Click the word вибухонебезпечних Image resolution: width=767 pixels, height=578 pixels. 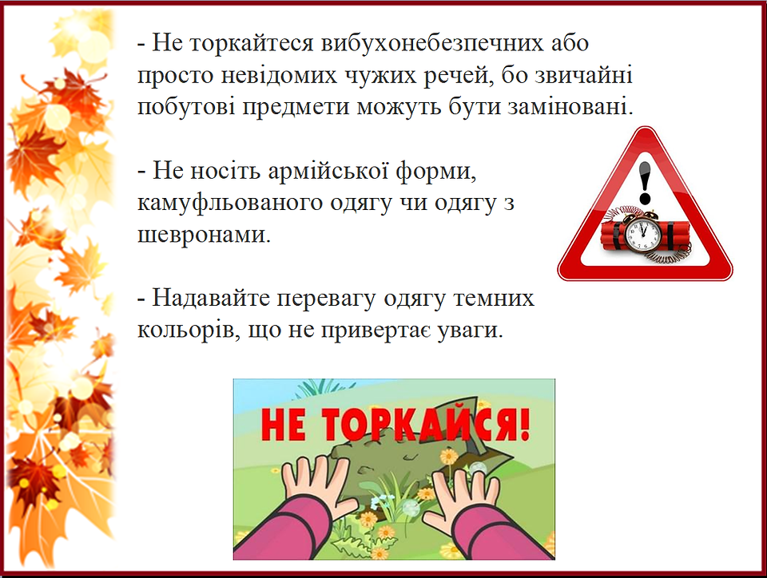432,43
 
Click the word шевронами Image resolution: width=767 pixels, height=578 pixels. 204,235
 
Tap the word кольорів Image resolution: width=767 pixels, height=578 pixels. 189,331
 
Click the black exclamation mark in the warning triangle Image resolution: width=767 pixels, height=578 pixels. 646,183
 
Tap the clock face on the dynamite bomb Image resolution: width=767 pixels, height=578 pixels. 642,232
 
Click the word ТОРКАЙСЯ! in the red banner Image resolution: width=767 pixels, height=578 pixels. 424,425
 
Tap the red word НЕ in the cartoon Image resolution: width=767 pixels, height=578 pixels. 284,425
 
